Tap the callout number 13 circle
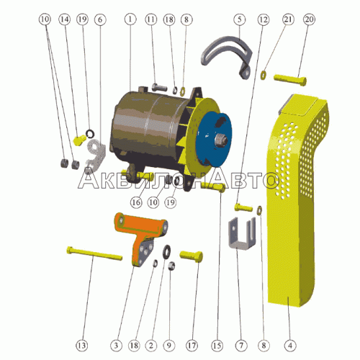point(82,346)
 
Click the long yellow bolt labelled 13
point(94,253)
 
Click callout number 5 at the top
point(239,19)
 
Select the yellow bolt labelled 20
point(290,79)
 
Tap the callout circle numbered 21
point(288,19)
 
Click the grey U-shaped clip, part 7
point(242,234)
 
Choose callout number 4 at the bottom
point(290,346)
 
